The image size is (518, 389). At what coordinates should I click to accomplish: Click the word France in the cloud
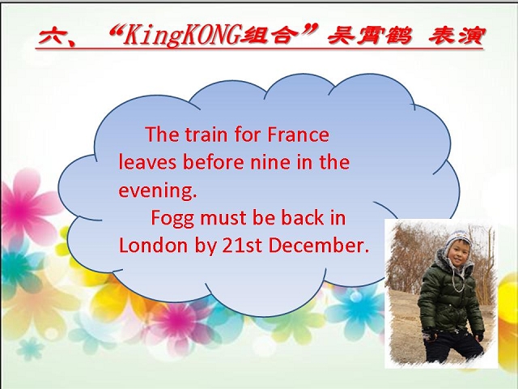pos(298,135)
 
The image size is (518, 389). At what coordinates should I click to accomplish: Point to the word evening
pos(158,191)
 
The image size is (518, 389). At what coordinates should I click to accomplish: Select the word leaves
pos(147,162)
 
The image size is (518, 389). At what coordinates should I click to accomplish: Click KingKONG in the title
pos(180,36)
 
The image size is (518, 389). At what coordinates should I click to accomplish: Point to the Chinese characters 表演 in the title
pos(456,36)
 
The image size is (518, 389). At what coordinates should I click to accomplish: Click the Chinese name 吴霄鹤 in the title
pos(370,36)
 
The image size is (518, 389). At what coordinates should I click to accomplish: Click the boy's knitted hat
pos(458,242)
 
